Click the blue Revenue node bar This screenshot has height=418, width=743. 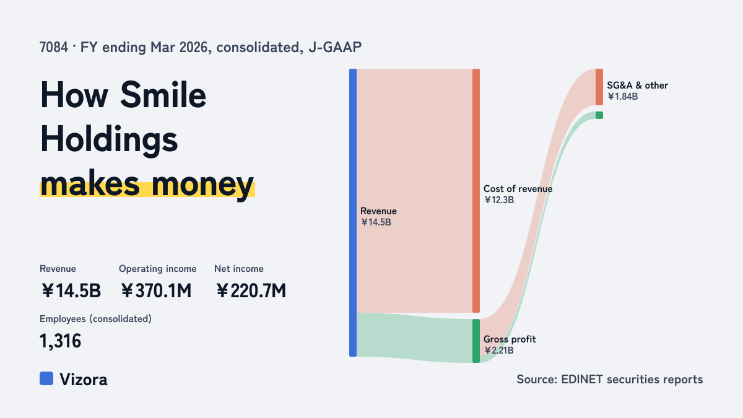353,212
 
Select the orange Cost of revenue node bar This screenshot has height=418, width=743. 476,191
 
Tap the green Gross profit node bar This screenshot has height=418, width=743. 476,341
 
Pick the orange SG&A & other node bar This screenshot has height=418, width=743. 599,87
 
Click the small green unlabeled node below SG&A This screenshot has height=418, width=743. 599,115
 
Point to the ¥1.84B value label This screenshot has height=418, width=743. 623,97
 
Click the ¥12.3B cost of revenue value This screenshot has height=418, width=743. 499,200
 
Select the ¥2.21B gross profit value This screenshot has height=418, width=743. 499,351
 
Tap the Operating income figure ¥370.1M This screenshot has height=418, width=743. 156,290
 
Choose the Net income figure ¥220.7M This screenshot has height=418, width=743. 251,290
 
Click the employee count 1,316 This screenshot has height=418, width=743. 61,341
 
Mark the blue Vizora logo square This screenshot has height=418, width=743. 46,378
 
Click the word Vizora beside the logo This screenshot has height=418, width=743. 84,380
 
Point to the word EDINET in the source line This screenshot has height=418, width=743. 581,379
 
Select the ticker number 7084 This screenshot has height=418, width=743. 53,47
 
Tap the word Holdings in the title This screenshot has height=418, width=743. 109,140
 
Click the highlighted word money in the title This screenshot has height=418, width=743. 202,185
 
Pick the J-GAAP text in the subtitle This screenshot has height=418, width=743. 335,47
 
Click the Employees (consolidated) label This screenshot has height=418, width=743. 95,319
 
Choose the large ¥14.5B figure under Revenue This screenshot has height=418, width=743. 71,290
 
